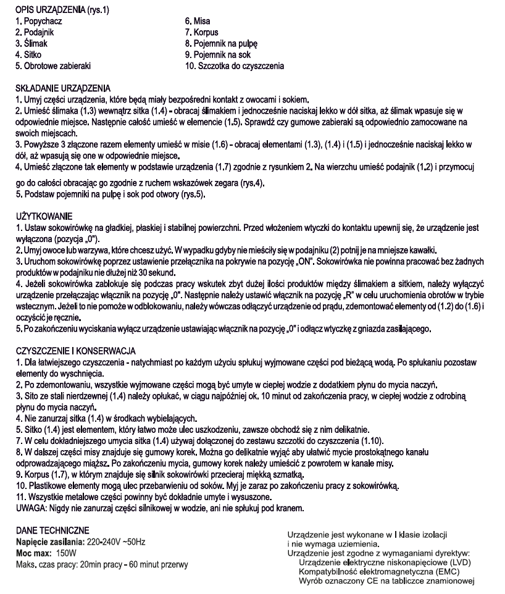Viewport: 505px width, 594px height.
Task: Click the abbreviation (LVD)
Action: pyautogui.click(x=455, y=563)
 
